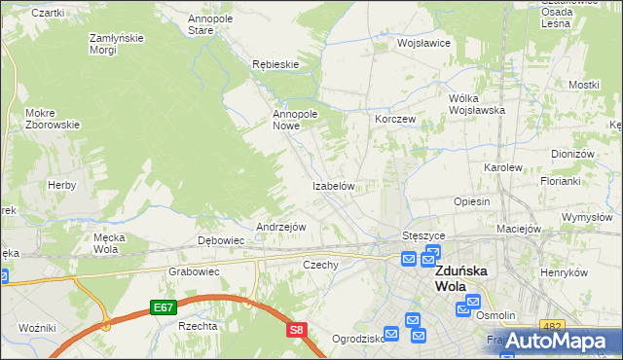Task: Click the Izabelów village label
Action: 338,185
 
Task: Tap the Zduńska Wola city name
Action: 463,278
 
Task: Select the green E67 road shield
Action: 163,307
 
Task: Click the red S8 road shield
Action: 297,331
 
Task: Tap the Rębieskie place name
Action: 275,63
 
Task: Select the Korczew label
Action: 395,118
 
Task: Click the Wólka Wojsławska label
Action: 476,104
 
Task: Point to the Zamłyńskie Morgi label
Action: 117,43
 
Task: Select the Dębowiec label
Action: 220,239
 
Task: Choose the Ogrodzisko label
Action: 355,340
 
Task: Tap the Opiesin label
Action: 471,200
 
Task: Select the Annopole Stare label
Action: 214,24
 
